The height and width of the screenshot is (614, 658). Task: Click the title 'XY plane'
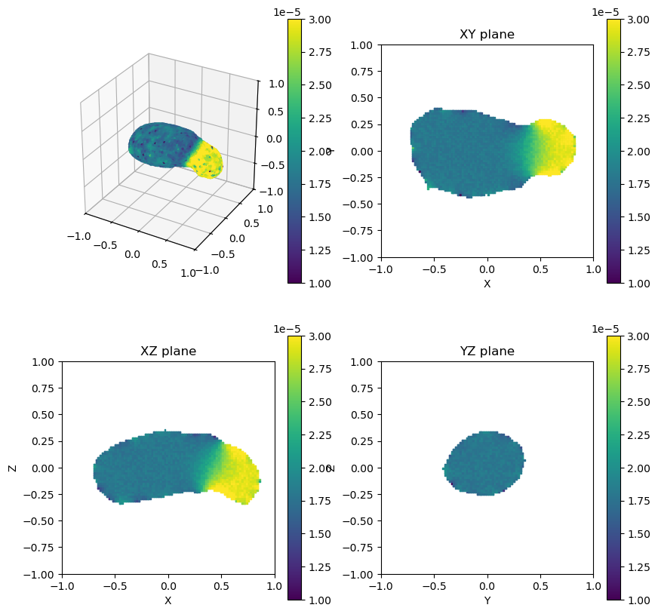tap(487, 35)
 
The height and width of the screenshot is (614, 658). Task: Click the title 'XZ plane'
tap(168, 352)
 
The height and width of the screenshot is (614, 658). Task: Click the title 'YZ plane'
tap(487, 352)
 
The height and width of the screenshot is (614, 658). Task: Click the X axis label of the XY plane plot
tap(487, 284)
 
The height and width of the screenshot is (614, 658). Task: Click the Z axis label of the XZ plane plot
tap(12, 468)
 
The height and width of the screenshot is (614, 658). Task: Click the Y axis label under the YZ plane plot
tap(487, 600)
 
